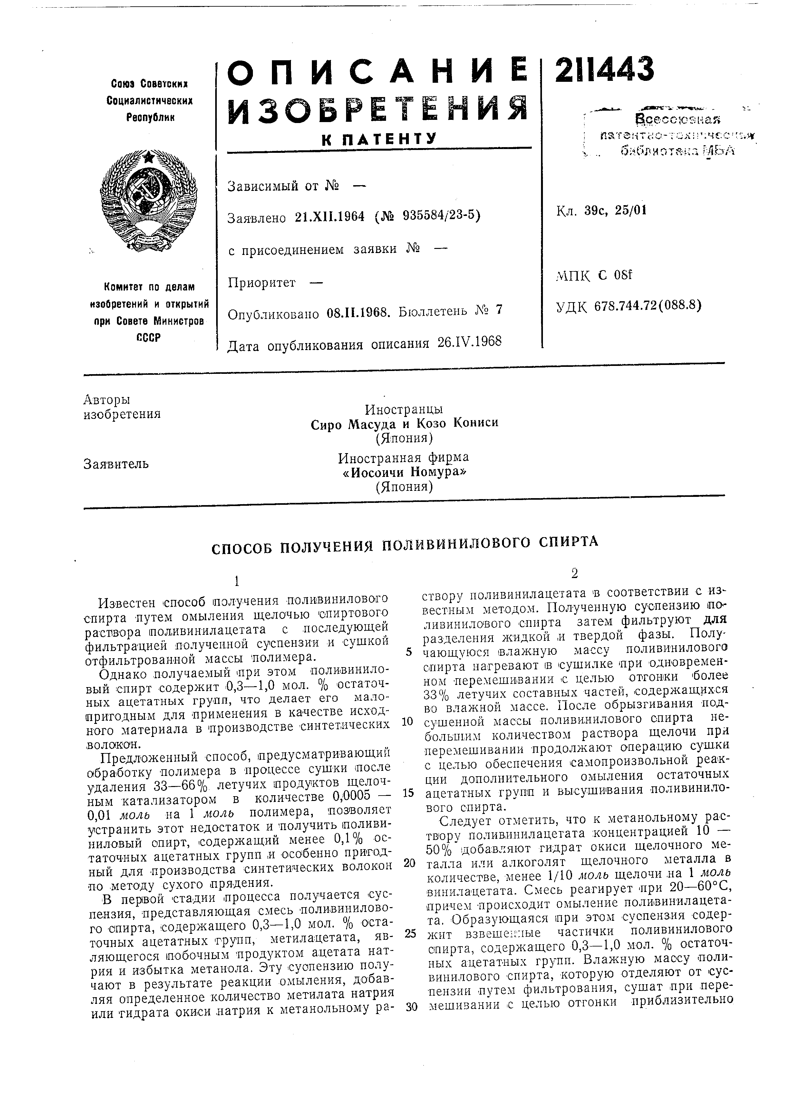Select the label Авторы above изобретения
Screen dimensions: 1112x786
107,400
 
